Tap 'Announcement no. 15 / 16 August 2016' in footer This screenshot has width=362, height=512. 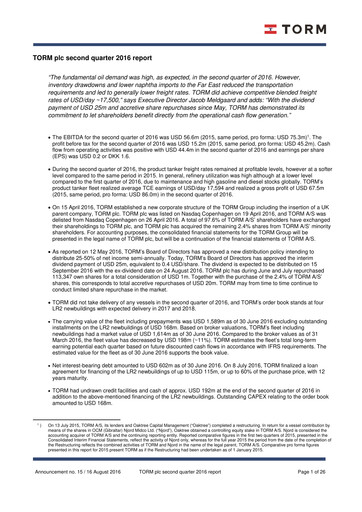(65, 497)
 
